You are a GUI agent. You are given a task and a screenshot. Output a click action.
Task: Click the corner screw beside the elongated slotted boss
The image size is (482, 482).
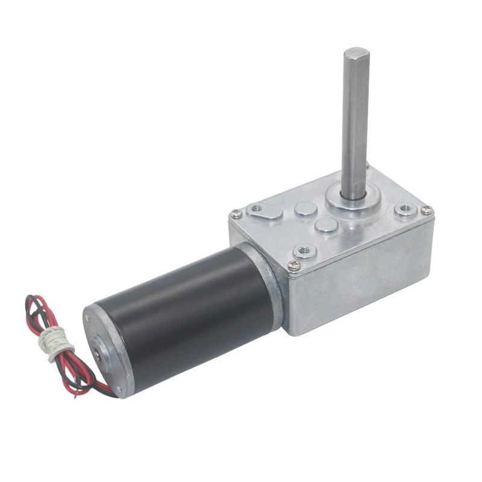click(237, 213)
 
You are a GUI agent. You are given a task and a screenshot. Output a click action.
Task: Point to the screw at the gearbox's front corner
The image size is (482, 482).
click(294, 265)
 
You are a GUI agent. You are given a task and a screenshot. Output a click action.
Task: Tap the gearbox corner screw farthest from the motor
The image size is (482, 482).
click(427, 210)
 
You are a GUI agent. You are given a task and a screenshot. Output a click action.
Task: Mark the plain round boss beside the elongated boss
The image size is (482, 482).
click(306, 209)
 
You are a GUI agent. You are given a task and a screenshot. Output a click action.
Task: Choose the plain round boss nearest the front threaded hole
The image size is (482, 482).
click(326, 225)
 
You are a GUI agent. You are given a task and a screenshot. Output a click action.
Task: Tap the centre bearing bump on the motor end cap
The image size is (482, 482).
click(98, 349)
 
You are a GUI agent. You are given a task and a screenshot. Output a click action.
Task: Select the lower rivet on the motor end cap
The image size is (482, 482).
click(118, 389)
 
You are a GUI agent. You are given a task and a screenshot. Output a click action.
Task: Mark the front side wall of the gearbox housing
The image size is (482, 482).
click(361, 283)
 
